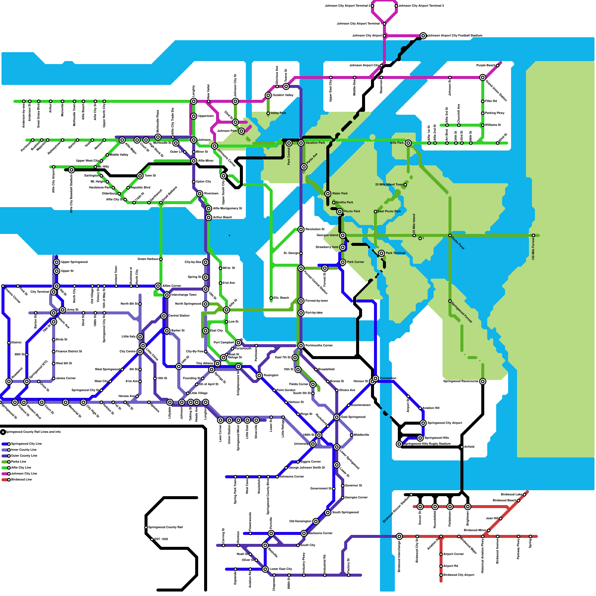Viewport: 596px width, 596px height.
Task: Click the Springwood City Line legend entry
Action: coord(26,444)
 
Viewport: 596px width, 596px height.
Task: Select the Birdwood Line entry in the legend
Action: coord(21,480)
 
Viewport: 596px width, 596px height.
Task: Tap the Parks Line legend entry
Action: coord(19,462)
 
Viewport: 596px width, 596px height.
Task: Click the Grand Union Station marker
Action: coord(483,77)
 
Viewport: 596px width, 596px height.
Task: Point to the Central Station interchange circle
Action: coord(164,316)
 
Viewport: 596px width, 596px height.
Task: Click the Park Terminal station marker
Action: coord(381,253)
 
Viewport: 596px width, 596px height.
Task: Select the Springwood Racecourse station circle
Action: coord(483,381)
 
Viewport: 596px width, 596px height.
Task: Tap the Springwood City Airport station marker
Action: coord(423,423)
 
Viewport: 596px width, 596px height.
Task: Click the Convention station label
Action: coord(388,378)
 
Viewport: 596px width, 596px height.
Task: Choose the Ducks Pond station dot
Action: coord(450,235)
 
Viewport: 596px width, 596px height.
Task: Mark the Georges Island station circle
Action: coord(343,235)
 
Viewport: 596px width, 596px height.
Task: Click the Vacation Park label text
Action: coord(315,143)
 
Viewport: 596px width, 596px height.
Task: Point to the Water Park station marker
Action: coord(328,194)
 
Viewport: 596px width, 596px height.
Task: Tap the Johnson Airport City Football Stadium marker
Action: coord(423,36)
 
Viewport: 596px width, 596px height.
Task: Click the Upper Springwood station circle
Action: coord(57,262)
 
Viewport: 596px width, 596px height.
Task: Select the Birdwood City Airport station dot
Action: coord(441,575)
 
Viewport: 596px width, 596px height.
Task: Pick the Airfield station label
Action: coord(469,447)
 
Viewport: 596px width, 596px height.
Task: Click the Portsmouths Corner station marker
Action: coord(301,346)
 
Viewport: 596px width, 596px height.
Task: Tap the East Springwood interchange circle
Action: coord(337,417)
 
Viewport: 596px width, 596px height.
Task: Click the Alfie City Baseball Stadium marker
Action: coord(72,170)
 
